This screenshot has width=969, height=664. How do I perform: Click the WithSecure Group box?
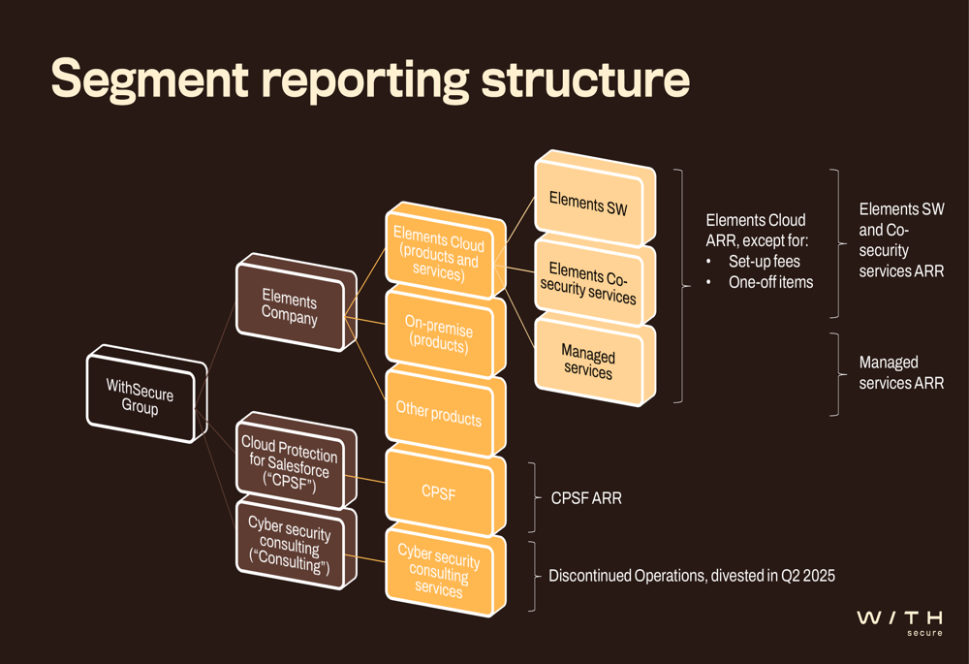tap(146, 394)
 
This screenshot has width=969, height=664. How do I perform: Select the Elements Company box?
tap(296, 302)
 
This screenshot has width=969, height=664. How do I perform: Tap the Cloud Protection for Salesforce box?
tap(296, 461)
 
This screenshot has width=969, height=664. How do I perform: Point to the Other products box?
tap(446, 412)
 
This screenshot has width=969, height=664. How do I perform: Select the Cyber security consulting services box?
tap(446, 570)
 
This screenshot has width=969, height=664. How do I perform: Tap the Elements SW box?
tap(595, 199)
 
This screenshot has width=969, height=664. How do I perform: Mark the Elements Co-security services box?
tap(595, 279)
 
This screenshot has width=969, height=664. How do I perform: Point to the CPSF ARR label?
tap(586, 498)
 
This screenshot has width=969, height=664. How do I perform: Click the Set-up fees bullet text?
tap(765, 262)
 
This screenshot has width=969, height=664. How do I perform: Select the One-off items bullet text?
tap(771, 282)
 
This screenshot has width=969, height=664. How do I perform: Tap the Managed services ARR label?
tap(901, 373)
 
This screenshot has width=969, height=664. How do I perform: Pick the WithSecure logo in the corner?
tap(900, 622)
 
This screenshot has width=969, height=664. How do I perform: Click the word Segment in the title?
tap(150, 79)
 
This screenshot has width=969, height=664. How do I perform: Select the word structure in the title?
tap(585, 79)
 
